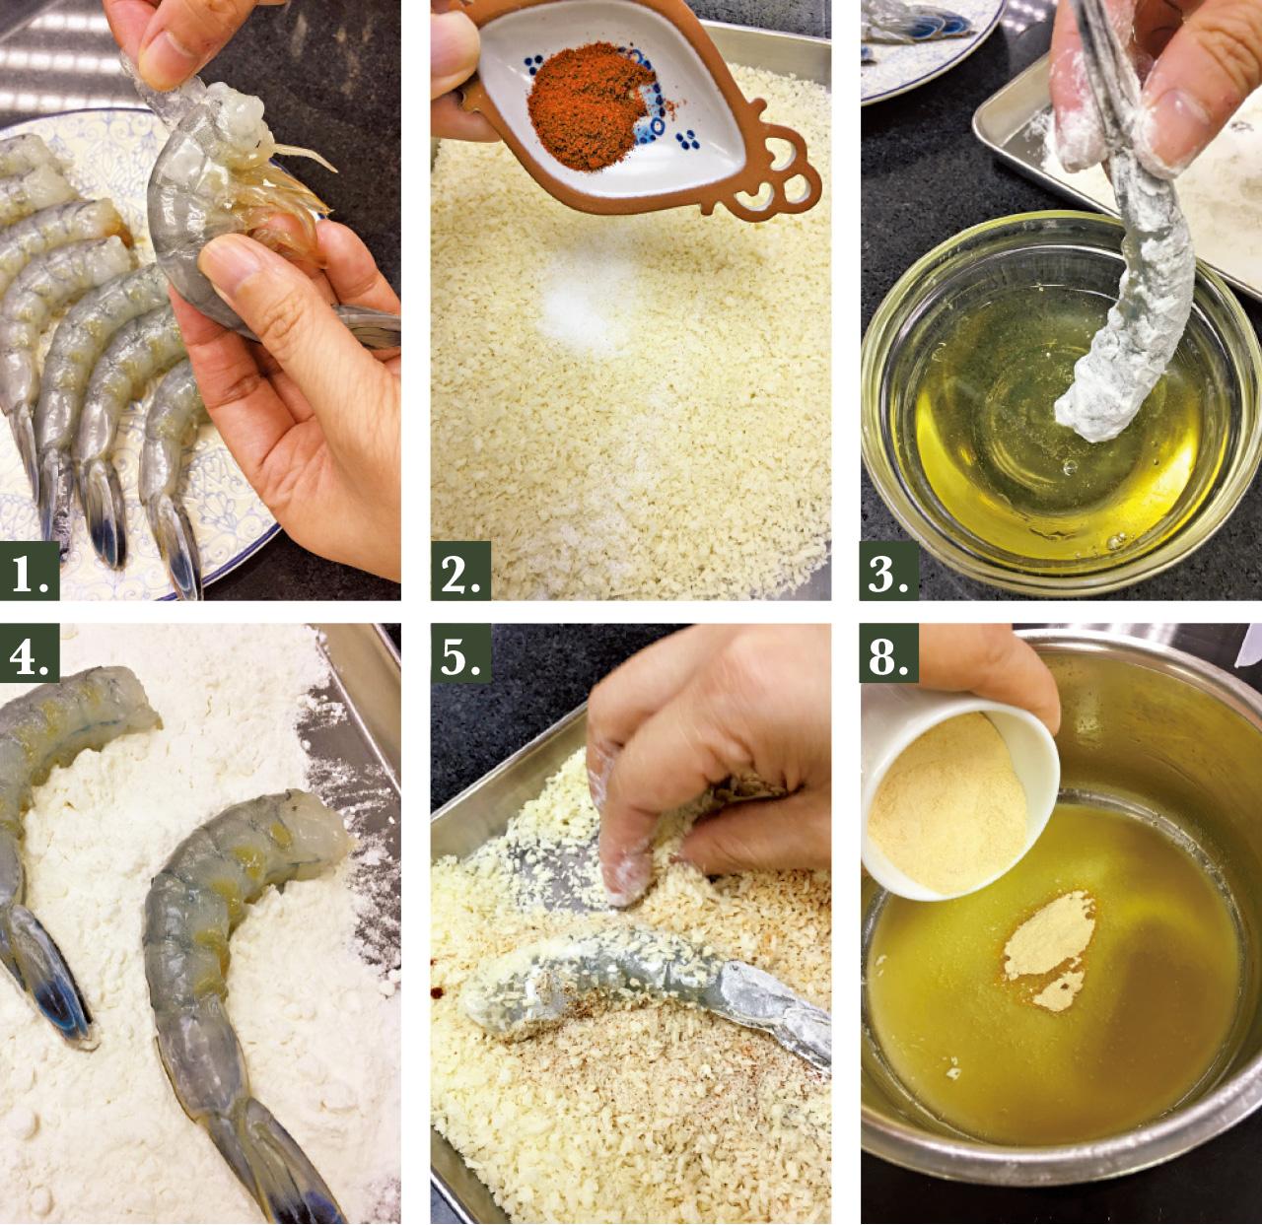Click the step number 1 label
(30, 572)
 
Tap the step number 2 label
(461, 572)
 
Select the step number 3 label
(889, 572)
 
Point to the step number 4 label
(30, 653)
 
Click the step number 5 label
(461, 653)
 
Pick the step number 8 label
(889, 653)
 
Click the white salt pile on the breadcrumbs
(584, 311)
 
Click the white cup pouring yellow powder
(953, 797)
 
